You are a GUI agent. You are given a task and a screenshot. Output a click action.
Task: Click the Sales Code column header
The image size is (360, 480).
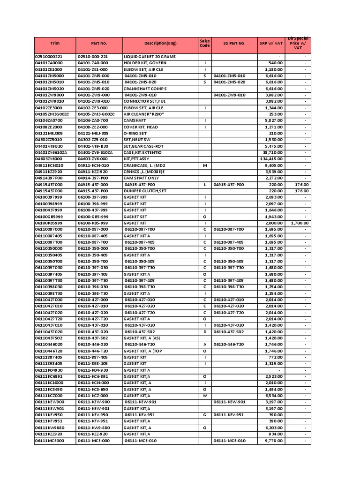[x=205, y=43]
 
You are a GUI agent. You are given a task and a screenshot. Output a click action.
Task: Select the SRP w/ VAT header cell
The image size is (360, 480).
[x=271, y=43]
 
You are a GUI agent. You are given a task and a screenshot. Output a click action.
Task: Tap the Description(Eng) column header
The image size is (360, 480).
[x=160, y=43]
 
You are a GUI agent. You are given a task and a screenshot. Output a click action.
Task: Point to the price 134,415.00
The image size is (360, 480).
[x=270, y=159]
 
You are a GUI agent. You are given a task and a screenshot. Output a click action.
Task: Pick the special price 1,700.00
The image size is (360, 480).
[x=299, y=223]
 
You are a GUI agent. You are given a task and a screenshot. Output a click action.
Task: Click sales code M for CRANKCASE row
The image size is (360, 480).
[x=205, y=165]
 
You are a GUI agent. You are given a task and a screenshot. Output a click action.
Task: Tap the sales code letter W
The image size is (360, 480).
[x=205, y=396]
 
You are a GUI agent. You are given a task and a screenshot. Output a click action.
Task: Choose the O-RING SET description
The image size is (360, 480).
[x=136, y=133]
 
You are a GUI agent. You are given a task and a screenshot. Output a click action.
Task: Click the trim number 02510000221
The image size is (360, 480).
[x=48, y=56]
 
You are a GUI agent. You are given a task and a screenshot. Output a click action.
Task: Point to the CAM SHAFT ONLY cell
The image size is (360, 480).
[x=141, y=178]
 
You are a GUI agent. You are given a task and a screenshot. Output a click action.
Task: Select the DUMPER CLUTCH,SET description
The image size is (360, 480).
[x=145, y=191]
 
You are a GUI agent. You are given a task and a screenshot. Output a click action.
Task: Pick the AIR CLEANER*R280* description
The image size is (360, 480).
[x=144, y=114]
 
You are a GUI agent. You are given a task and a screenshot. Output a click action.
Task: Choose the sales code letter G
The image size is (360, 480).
[x=205, y=415]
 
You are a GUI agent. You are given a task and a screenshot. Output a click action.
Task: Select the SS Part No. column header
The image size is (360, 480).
[x=234, y=43]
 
